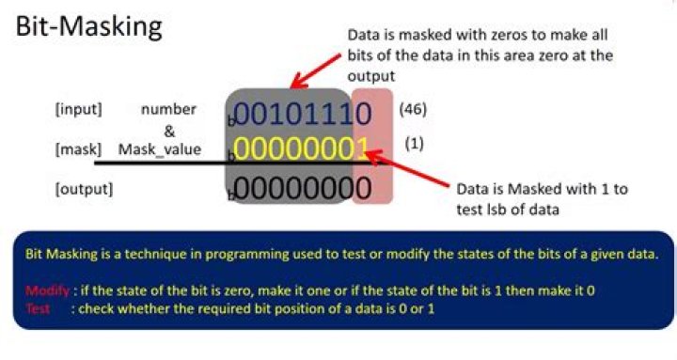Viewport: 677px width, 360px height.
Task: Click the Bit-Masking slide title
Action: [x=89, y=26]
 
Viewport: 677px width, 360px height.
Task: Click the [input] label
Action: [x=79, y=109]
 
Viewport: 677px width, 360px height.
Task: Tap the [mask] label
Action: [x=79, y=149]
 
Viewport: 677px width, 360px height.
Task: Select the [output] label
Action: [x=85, y=189]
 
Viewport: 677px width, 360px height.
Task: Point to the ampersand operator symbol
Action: [x=169, y=131]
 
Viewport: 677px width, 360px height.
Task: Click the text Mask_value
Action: [x=160, y=149]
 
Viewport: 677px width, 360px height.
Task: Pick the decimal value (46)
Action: [x=413, y=109]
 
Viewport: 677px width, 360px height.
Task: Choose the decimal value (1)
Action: [x=414, y=143]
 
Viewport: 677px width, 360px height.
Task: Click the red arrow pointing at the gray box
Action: [x=316, y=71]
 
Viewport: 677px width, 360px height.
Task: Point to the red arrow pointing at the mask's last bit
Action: [x=407, y=168]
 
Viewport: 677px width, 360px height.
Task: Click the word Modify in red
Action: [x=48, y=290]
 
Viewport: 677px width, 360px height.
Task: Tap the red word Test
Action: [x=38, y=308]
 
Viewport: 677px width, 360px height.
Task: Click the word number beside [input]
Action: [x=169, y=109]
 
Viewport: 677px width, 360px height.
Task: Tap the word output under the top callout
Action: [x=371, y=76]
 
